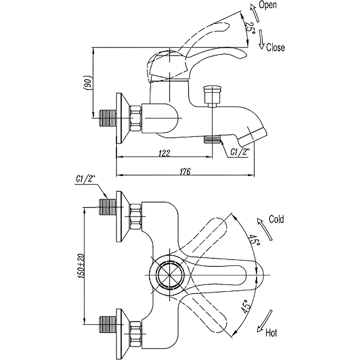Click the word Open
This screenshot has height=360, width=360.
point(268,5)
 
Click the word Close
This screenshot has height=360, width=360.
point(275,47)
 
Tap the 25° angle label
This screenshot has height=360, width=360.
point(249,28)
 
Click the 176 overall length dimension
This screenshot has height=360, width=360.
point(185,171)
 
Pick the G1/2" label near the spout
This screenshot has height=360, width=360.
point(240,152)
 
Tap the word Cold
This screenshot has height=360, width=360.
point(276,220)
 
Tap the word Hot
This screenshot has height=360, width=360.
point(271,333)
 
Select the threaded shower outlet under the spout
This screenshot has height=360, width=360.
point(211,139)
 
